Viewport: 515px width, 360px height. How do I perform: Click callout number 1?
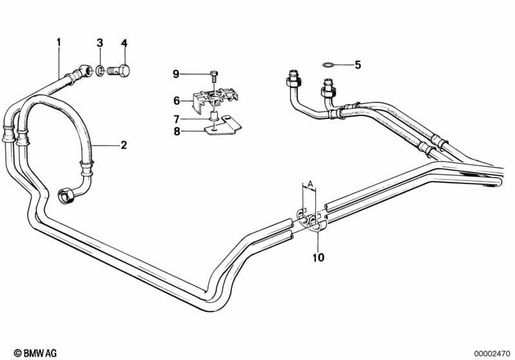pyautogui.click(x=59, y=43)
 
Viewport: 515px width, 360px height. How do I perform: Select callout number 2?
pyautogui.click(x=123, y=145)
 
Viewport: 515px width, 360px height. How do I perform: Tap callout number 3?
pyautogui.click(x=100, y=43)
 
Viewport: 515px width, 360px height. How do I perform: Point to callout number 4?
pyautogui.click(x=124, y=43)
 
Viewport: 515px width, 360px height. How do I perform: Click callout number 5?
pyautogui.click(x=358, y=64)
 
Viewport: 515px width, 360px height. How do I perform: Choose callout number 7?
pyautogui.click(x=176, y=118)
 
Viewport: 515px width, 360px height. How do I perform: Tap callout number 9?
pyautogui.click(x=176, y=75)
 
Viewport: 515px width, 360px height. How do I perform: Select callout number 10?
pyautogui.click(x=318, y=258)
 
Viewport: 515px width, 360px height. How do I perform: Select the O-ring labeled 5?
pyautogui.click(x=327, y=64)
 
